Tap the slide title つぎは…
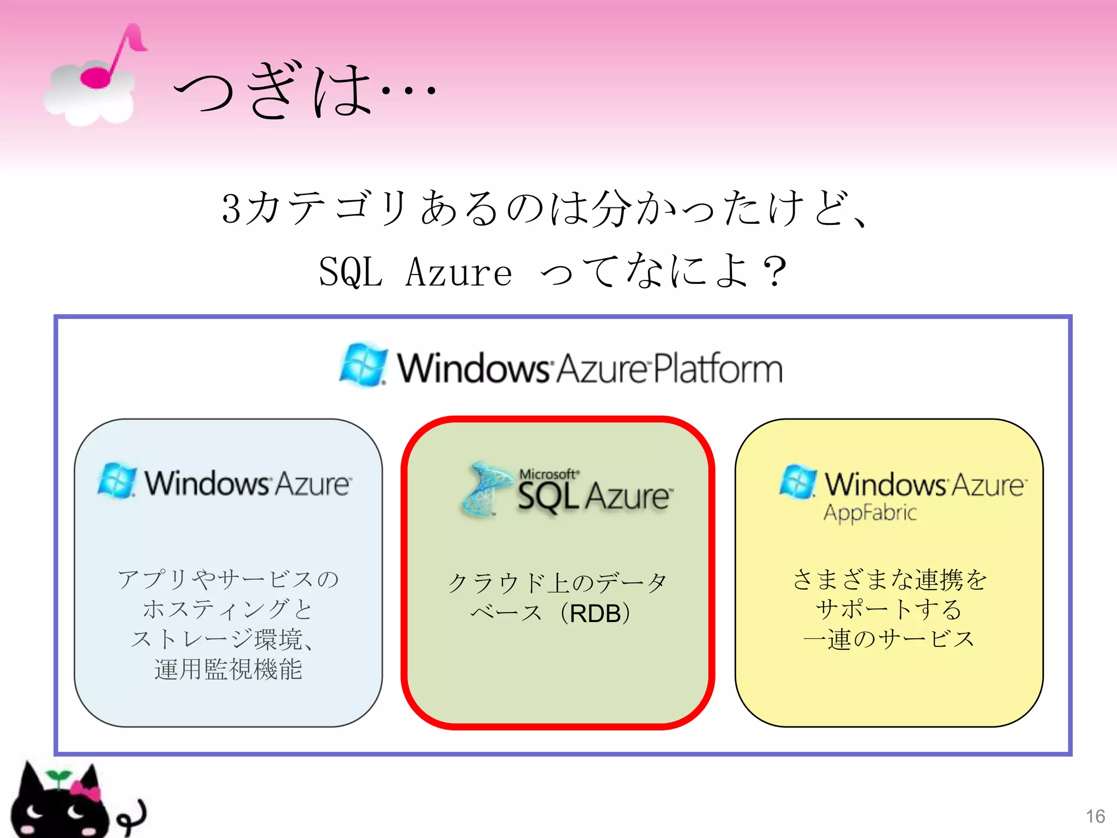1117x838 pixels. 303,90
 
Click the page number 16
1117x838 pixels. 1095,816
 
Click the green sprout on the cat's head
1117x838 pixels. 58,776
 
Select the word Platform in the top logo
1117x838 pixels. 718,369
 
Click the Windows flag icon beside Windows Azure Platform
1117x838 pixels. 363,364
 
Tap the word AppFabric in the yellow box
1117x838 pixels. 870,513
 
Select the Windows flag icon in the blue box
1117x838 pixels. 117,481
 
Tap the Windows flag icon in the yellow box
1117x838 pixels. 798,482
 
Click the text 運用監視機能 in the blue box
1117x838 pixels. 228,669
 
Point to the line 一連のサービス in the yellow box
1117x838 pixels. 889,639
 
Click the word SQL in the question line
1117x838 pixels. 350,272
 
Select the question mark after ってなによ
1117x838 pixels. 774,272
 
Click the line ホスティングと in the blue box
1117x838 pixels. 228,609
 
